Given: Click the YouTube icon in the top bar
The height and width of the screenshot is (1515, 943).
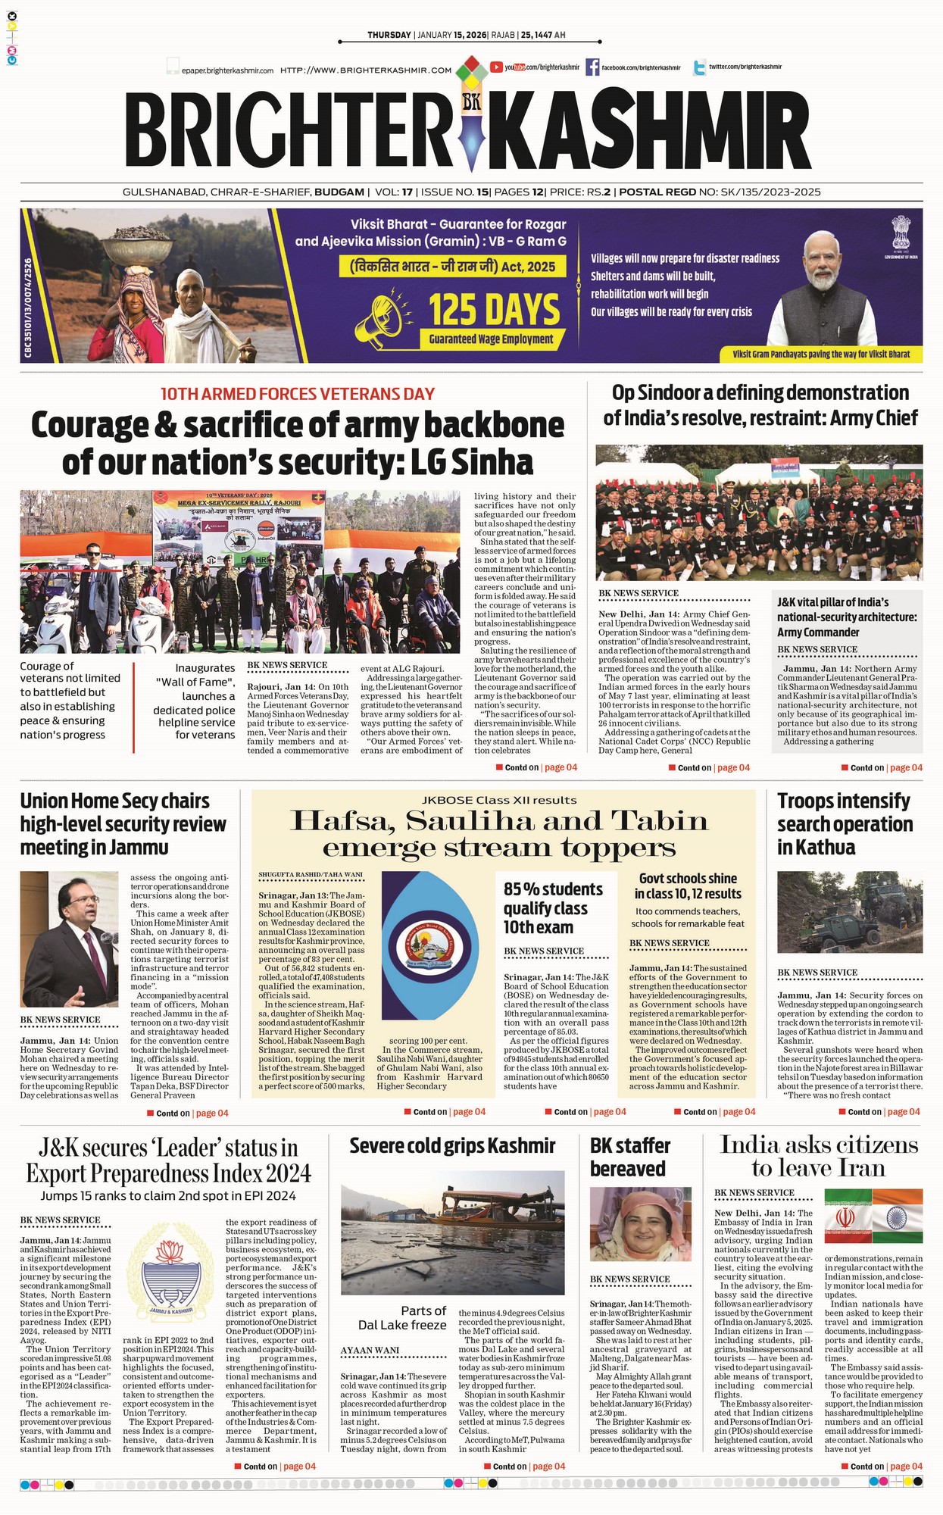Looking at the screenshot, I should click(496, 67).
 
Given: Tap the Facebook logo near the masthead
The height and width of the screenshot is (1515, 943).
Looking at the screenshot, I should click(592, 67).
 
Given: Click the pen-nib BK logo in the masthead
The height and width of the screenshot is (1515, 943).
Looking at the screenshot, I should click(471, 121).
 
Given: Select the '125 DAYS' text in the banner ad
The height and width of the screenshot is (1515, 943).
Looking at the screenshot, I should click(494, 310).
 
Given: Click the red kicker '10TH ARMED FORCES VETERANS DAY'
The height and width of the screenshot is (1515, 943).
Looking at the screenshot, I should click(298, 394).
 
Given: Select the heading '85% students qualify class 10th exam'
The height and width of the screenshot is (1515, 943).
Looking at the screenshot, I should click(553, 907).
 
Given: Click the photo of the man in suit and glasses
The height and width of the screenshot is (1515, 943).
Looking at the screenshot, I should click(69, 939).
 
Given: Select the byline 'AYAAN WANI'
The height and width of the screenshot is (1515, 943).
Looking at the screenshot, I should click(370, 1351).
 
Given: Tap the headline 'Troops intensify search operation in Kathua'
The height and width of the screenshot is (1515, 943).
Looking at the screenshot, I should click(845, 823).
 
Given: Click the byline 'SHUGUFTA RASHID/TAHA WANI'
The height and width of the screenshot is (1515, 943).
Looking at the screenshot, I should click(311, 875).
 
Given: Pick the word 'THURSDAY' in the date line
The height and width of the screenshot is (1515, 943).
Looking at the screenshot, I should click(389, 35).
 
